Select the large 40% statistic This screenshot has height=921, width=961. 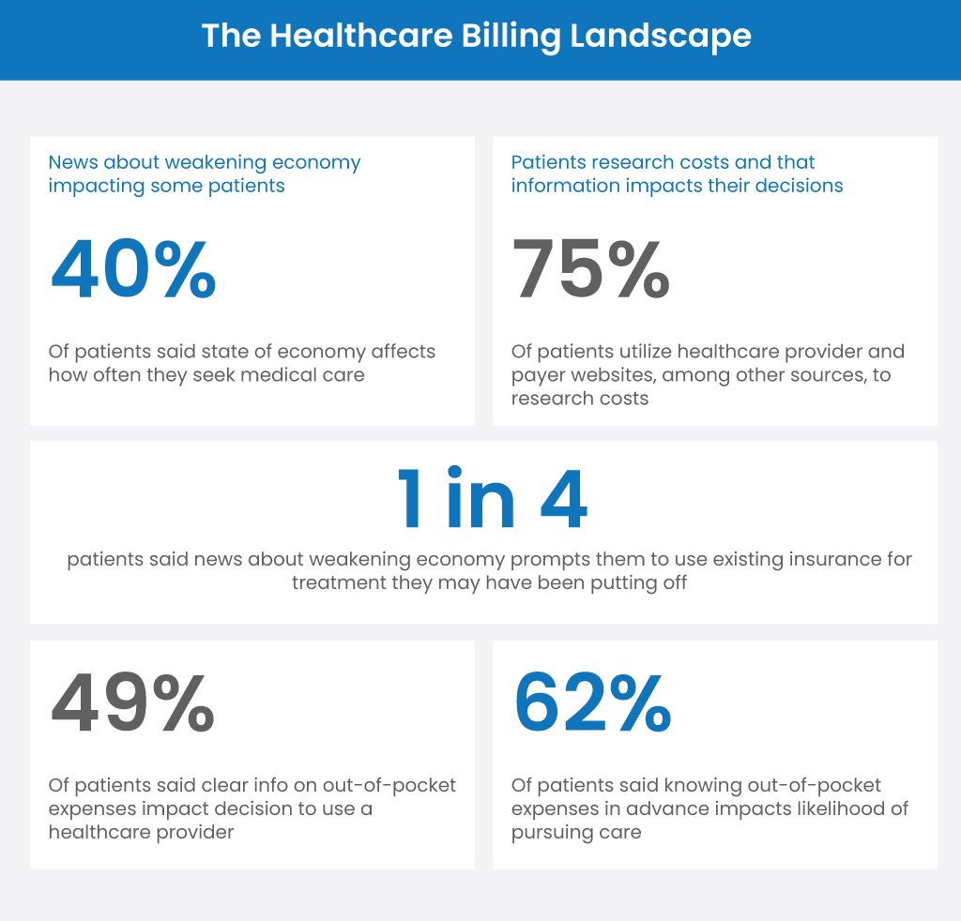(133, 270)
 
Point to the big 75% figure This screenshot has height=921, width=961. (591, 270)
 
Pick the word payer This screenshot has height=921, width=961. (536, 375)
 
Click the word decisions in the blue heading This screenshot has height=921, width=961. (797, 186)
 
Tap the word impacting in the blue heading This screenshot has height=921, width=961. (91, 186)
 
